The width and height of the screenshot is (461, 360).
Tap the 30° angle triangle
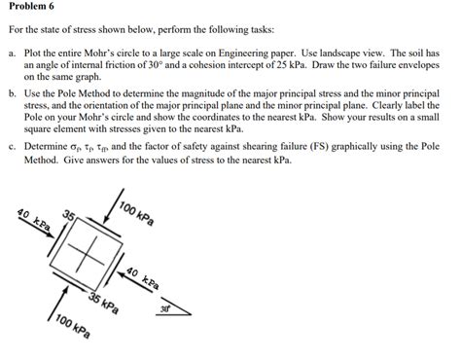(175, 309)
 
